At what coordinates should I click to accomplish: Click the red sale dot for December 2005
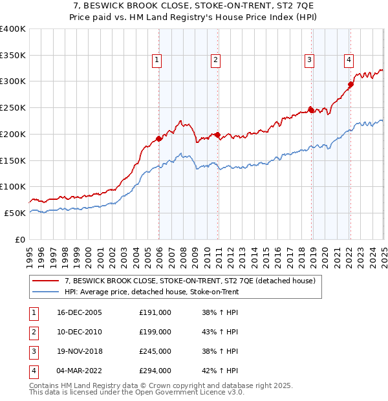click(x=159, y=138)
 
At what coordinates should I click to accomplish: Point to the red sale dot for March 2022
click(x=350, y=84)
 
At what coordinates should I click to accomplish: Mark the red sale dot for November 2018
click(x=311, y=110)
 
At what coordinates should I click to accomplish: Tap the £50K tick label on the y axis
click(x=16, y=213)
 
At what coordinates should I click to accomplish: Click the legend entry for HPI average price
click(x=151, y=292)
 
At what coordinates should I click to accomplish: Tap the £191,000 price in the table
click(x=155, y=312)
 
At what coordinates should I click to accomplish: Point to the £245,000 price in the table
click(x=155, y=351)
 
